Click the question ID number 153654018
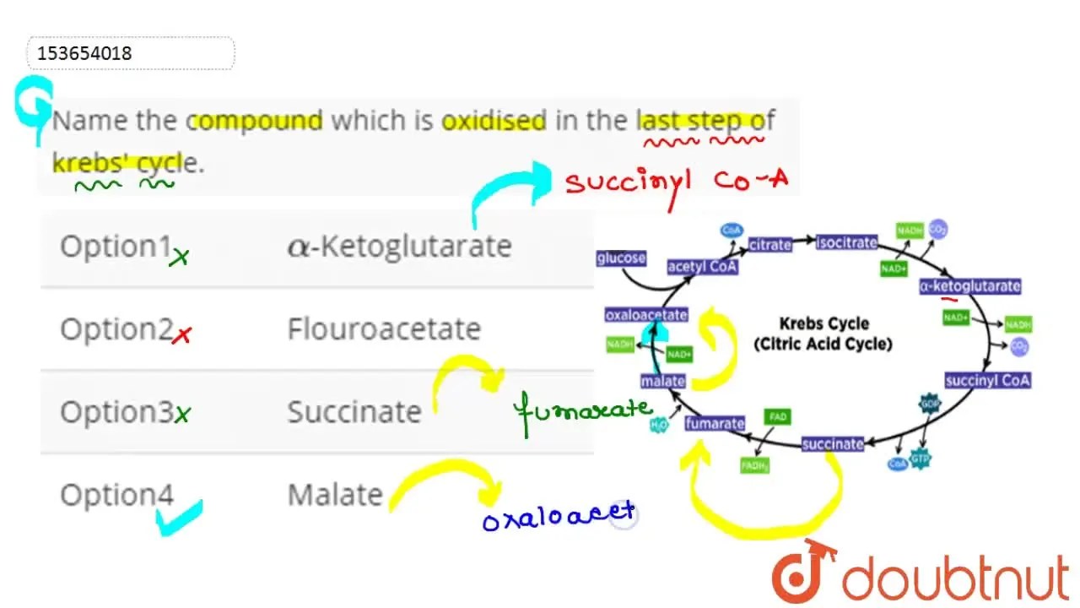point(85,53)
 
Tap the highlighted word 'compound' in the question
point(257,121)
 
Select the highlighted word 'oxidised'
point(494,121)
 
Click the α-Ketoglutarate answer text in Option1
point(399,246)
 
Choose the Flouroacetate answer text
point(384,328)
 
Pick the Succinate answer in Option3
point(354,412)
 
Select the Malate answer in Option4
point(335,495)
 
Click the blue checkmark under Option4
point(181,518)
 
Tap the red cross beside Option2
point(181,335)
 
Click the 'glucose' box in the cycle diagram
point(621,258)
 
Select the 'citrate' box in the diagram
point(770,244)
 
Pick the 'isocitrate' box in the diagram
point(846,243)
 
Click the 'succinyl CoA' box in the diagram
point(988,380)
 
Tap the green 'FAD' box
point(776,417)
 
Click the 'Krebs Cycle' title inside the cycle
point(823,323)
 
